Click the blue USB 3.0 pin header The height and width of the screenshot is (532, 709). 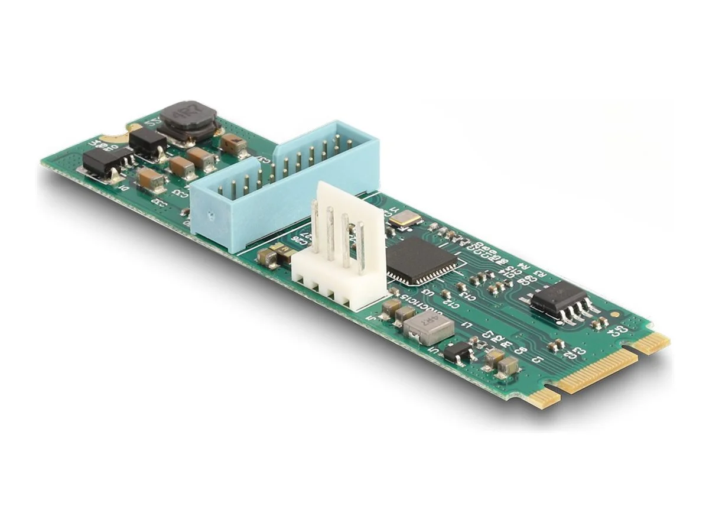pyautogui.click(x=284, y=189)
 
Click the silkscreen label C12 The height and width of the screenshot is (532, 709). pyautogui.click(x=449, y=304)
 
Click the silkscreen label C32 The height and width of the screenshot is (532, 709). pyautogui.click(x=158, y=201)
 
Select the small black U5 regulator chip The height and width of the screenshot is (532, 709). pyautogui.click(x=458, y=353)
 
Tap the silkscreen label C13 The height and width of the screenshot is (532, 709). pyautogui.click(x=465, y=294)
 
